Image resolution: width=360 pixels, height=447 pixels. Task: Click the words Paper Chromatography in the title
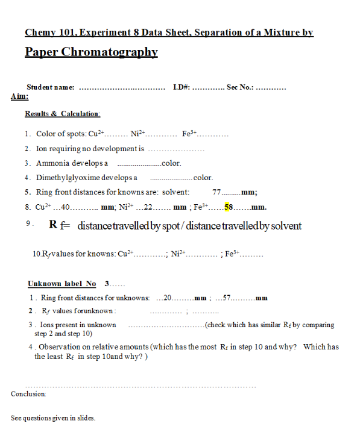pos(91,52)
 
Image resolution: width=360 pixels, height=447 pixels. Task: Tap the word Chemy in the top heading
pos(40,33)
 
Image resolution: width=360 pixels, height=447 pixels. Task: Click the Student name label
pos(51,87)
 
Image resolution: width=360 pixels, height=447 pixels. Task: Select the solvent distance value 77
pos(216,192)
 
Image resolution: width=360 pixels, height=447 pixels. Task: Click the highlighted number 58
pos(229,207)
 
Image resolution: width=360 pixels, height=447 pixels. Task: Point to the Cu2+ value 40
pos(66,207)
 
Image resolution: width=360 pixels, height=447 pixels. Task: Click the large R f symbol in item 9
pos(59,226)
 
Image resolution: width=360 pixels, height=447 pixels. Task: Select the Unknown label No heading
pos(62,283)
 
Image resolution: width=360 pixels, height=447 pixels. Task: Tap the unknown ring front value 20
pos(168,298)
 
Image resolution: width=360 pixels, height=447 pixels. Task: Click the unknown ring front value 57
pos(227,298)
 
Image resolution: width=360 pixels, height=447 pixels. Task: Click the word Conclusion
pos(28,394)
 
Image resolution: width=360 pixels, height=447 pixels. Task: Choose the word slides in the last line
pos(85,417)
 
